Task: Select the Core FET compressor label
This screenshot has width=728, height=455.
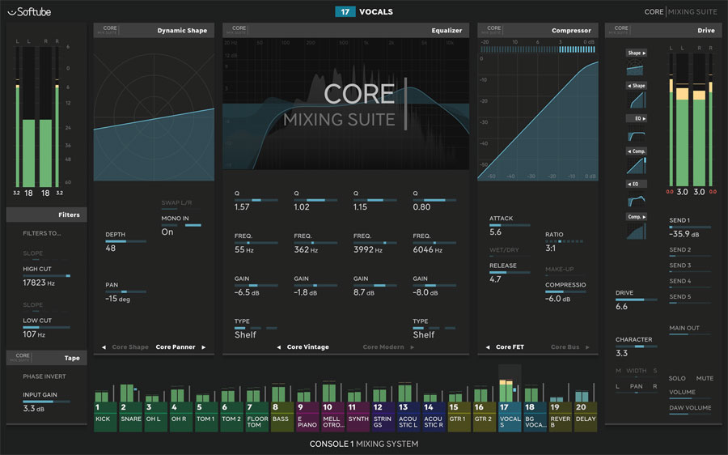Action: pyautogui.click(x=510, y=347)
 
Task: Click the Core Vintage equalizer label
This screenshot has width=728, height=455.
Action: pyautogui.click(x=307, y=347)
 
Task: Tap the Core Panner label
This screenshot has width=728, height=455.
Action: pyautogui.click(x=176, y=347)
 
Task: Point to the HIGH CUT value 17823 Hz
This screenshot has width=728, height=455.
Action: pyautogui.click(x=38, y=283)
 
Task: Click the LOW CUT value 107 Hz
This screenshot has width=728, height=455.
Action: pyautogui.click(x=35, y=334)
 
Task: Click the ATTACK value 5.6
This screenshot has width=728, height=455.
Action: pyautogui.click(x=495, y=232)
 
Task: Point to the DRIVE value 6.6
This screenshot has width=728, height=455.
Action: pyautogui.click(x=621, y=308)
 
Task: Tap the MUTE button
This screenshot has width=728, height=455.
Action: pyautogui.click(x=705, y=378)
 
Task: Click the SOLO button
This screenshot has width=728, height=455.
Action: pyautogui.click(x=677, y=378)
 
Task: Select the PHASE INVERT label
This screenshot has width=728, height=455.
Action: pyautogui.click(x=44, y=376)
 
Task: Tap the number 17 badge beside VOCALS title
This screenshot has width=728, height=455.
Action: pyautogui.click(x=345, y=12)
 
